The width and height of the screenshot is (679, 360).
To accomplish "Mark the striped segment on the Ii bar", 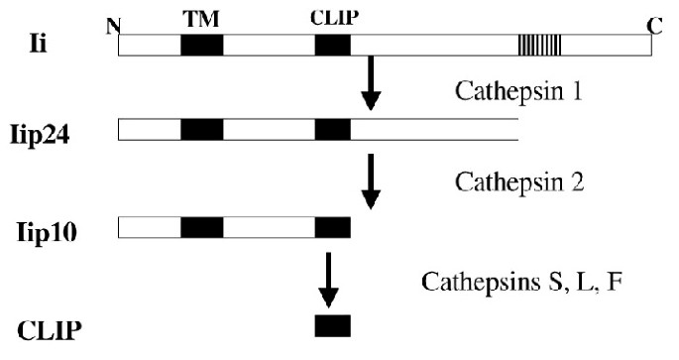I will click(540, 45).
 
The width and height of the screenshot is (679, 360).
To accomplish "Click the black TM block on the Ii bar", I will click(201, 45).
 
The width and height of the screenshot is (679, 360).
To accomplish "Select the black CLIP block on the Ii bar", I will click(332, 45).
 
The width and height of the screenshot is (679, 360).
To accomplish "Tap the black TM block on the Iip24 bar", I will click(201, 130).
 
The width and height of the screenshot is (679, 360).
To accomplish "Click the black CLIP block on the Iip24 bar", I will click(332, 130).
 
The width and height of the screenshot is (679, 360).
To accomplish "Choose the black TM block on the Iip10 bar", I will click(201, 228).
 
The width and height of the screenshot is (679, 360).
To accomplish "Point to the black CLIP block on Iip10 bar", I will click(332, 228).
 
